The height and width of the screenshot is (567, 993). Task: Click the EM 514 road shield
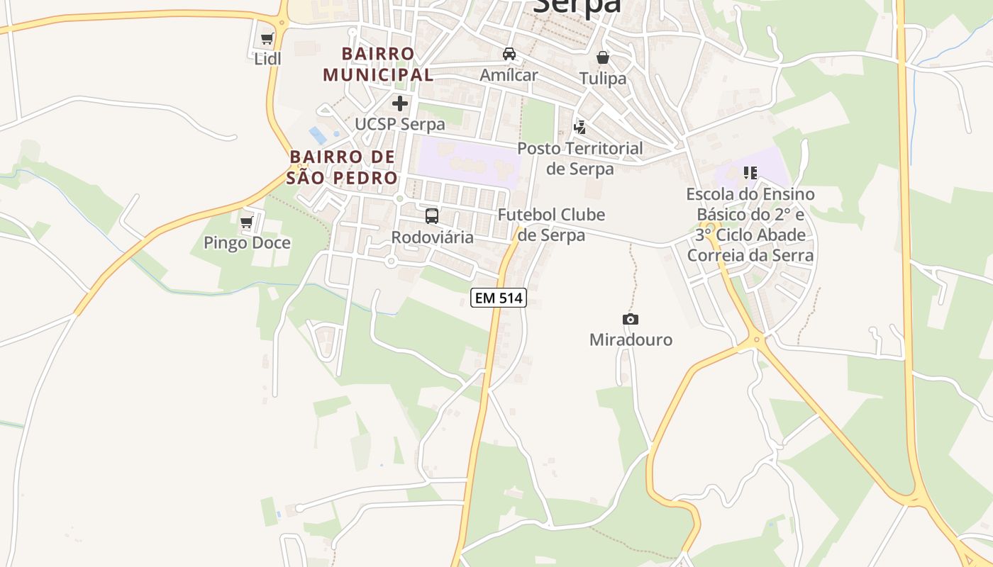(x=499, y=298)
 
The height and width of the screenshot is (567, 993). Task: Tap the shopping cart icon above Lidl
(x=267, y=39)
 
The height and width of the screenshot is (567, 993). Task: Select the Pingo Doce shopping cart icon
(x=247, y=223)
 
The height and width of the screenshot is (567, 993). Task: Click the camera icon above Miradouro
(x=630, y=320)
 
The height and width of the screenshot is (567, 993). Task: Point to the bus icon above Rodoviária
(x=432, y=216)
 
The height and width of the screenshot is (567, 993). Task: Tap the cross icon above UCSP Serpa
(x=400, y=103)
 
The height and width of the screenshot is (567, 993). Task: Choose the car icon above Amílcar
(x=509, y=54)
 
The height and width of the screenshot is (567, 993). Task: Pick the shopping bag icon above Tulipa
(x=603, y=57)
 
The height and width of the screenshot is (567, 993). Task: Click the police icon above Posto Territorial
(x=580, y=128)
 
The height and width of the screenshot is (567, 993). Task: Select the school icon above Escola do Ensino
(x=750, y=173)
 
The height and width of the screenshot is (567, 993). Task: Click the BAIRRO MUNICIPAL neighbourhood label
(x=377, y=64)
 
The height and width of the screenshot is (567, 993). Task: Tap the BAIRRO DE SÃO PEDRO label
(x=343, y=167)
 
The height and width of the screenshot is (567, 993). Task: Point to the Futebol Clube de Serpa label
(x=551, y=224)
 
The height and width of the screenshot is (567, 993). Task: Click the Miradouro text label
(x=631, y=339)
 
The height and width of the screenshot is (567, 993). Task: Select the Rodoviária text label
(x=432, y=237)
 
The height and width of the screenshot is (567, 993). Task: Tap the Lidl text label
(x=267, y=59)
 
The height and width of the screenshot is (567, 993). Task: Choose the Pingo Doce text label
(x=247, y=243)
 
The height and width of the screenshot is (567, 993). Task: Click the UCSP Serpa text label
(x=400, y=124)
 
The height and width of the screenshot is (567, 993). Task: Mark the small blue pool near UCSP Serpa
(x=317, y=134)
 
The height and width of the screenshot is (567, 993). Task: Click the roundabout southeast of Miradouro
(x=757, y=340)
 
